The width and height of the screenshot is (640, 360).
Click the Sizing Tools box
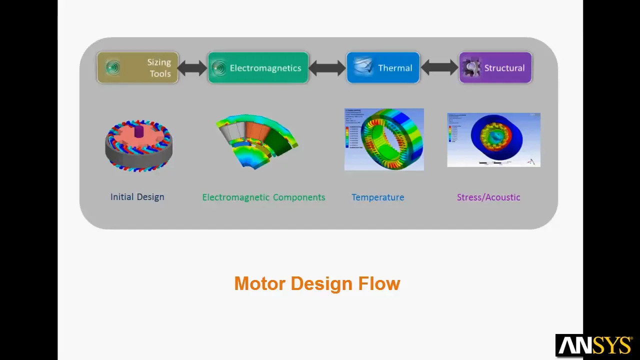point(137,67)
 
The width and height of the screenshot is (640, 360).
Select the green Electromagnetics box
point(258,67)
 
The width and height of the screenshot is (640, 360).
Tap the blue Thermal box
point(383,67)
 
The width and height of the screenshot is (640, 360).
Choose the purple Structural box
point(495,67)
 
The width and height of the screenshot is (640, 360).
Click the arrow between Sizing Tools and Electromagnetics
point(192,68)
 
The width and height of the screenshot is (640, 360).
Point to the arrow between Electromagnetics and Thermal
point(327,68)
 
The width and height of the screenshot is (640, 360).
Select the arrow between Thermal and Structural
point(439,68)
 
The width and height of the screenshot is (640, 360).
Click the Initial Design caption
point(137,197)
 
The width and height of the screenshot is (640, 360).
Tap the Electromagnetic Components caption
point(263,197)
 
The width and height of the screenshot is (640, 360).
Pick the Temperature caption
point(377,197)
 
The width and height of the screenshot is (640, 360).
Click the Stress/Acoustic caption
point(488,197)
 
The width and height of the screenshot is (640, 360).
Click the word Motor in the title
point(260,283)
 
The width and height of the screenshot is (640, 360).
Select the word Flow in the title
point(379,283)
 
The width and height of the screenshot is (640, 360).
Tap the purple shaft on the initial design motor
point(138,131)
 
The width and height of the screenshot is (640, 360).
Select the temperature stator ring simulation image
point(384,139)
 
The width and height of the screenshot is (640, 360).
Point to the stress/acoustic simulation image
point(493,140)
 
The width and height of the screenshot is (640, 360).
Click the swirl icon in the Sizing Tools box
point(113,67)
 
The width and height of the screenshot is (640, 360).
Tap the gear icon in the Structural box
point(470,67)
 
